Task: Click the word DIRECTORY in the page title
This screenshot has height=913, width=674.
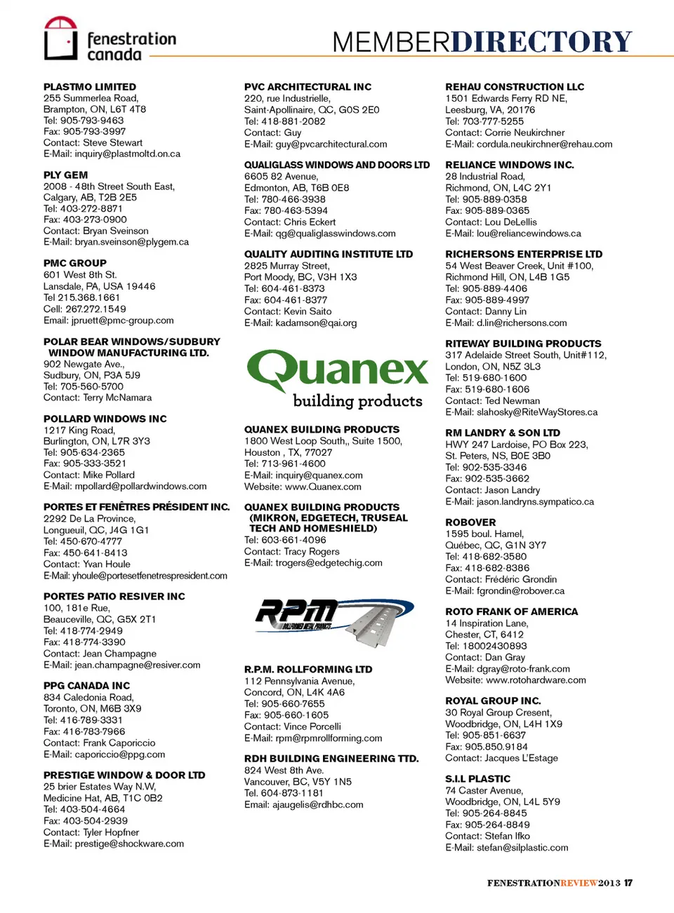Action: [x=541, y=41]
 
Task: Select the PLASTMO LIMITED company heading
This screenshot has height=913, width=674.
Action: [x=90, y=87]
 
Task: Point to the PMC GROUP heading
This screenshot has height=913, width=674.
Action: [x=75, y=264]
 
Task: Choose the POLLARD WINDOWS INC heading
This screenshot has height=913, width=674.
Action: [x=105, y=419]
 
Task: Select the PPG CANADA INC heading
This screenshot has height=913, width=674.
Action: [x=86, y=686]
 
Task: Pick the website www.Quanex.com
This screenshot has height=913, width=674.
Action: [x=323, y=487]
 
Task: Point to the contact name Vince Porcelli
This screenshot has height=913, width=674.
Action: [x=312, y=726]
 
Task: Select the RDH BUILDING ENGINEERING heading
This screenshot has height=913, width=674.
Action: [x=331, y=759]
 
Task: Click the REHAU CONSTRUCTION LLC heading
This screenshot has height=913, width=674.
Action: [x=515, y=87]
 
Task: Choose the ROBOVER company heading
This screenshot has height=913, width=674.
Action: [x=470, y=522]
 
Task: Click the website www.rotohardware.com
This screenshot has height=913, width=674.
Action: [x=536, y=680]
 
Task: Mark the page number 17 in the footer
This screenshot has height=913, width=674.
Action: [x=628, y=883]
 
